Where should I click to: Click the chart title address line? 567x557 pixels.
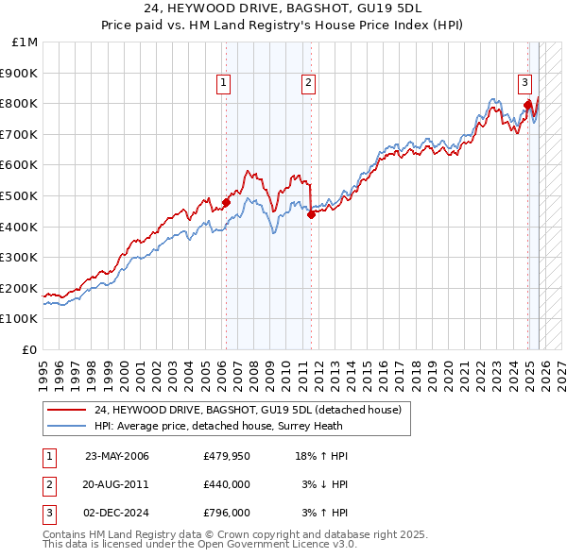[x=283, y=9]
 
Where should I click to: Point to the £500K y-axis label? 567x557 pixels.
[x=20, y=195]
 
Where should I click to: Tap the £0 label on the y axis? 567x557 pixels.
[x=30, y=349]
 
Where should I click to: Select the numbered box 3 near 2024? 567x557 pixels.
[x=524, y=81]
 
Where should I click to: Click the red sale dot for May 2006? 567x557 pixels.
[x=226, y=201]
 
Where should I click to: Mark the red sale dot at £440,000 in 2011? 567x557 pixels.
[x=311, y=214]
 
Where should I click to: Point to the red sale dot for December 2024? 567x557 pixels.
[x=527, y=104]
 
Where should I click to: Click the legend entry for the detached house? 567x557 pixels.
[x=248, y=410]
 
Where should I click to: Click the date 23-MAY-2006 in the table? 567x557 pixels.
[x=117, y=456]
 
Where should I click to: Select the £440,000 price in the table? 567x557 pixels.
[x=226, y=484]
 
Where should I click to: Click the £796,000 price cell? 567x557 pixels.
[x=226, y=513]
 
